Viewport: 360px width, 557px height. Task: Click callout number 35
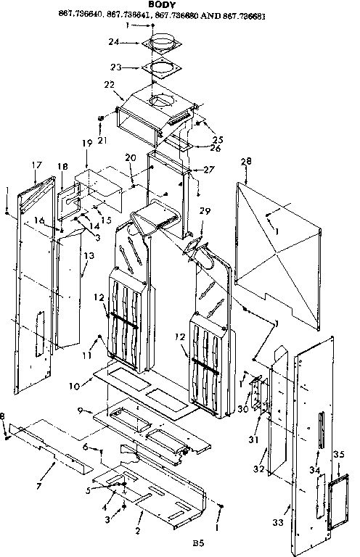tap(337, 455)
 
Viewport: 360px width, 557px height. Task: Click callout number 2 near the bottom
tap(136, 532)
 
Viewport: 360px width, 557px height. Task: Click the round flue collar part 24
tap(163, 44)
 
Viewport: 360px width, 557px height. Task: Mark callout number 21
tap(102, 139)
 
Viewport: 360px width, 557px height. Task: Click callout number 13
tap(88, 256)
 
